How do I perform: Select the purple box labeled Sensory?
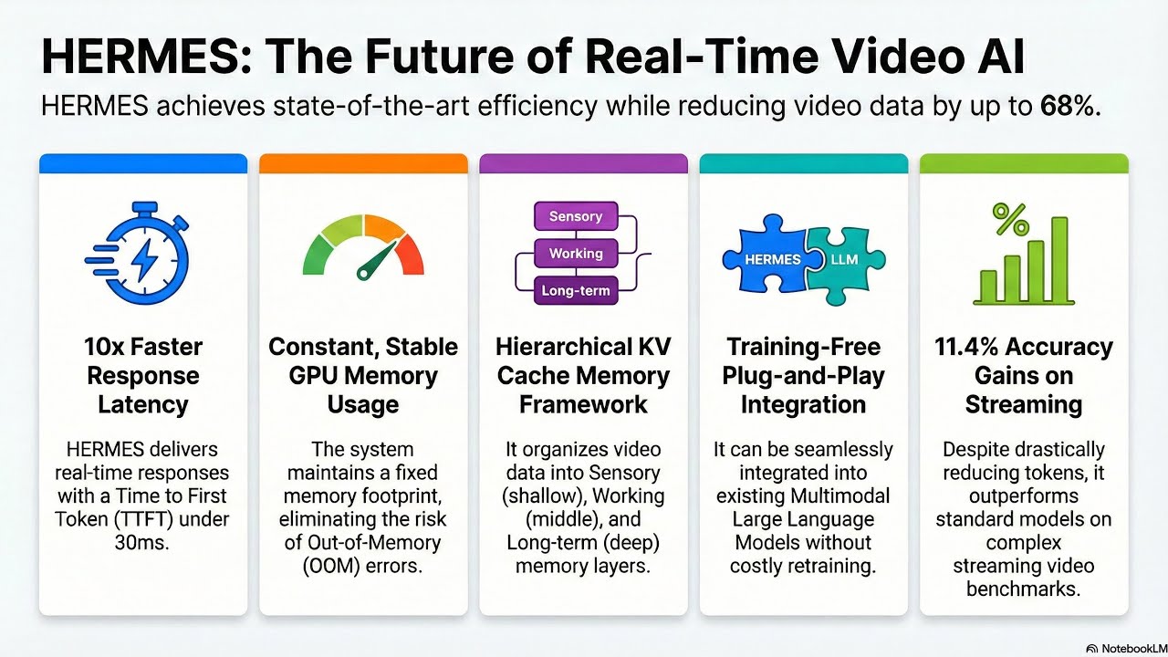575,216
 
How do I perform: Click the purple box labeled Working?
575,254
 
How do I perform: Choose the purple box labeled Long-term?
575,291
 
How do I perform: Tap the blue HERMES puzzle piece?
766,259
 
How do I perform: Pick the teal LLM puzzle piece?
844,259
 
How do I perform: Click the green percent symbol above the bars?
1010,220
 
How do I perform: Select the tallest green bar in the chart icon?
1059,259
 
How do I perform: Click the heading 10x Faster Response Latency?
142,375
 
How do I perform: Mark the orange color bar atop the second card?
363,163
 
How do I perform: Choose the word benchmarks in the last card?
1023,589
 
